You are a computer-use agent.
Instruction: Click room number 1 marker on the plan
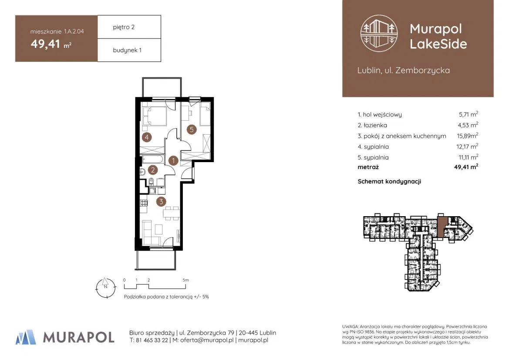(x=173, y=160)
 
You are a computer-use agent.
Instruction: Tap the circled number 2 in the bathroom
(x=152, y=170)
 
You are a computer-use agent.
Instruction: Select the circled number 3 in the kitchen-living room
(x=161, y=202)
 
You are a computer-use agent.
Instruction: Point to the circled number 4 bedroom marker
(x=147, y=137)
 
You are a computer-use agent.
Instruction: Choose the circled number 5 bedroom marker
(x=192, y=129)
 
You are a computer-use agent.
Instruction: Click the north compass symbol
(x=105, y=288)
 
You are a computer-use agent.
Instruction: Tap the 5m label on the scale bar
(x=185, y=280)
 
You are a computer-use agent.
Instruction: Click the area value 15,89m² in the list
(x=467, y=136)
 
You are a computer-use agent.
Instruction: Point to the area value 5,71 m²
(x=469, y=114)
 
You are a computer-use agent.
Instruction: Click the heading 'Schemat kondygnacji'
(x=389, y=181)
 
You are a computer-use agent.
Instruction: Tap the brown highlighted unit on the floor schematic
(x=442, y=227)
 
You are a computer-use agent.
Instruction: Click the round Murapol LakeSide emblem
(x=379, y=34)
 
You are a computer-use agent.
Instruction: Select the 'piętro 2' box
(x=129, y=27)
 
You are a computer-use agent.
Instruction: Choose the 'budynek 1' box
(x=129, y=50)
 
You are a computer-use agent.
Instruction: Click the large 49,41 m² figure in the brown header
(x=51, y=44)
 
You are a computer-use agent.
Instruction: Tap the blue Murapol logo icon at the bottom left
(x=26, y=337)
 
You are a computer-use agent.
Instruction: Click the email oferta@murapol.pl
(x=207, y=340)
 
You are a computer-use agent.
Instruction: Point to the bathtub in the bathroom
(x=154, y=160)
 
